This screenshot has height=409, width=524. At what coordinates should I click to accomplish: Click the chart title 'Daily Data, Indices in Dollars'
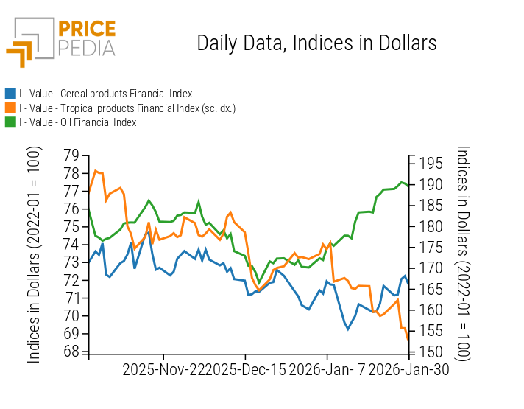coord(316,43)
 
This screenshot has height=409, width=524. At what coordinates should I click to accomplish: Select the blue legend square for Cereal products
coord(10,94)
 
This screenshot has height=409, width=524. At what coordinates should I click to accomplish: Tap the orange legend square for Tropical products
coord(10,108)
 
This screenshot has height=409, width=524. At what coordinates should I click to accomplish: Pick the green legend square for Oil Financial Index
coord(10,122)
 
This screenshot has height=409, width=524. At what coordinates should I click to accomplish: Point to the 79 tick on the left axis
coord(71,155)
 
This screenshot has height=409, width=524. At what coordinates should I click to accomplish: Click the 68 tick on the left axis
coord(71,352)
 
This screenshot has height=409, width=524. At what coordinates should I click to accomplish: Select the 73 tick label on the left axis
coord(71,262)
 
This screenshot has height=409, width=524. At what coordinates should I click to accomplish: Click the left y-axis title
coord(34,254)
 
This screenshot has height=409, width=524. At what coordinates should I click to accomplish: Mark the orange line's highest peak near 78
coord(95,171)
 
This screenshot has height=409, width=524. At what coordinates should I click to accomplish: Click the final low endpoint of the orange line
coord(408,340)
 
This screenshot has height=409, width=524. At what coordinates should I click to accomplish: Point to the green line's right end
coord(408,185)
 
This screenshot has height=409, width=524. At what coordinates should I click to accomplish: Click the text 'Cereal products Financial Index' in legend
coord(126,94)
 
